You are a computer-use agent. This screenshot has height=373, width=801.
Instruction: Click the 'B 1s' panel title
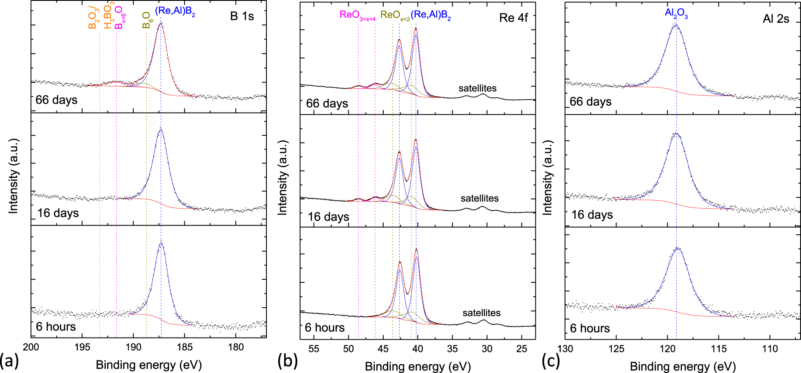click(x=242, y=16)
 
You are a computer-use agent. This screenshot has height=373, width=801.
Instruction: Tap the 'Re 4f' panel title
click(x=513, y=18)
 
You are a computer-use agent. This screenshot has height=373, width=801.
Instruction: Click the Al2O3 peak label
click(x=676, y=13)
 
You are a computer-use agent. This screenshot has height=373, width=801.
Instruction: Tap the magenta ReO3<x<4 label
click(x=357, y=16)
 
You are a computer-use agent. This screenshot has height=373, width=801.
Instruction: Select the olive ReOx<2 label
click(x=395, y=16)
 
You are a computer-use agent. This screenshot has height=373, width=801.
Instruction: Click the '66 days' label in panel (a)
click(x=56, y=100)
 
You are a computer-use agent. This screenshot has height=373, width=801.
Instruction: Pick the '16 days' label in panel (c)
click(x=592, y=215)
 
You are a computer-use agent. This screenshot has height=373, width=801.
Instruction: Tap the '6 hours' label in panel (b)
click(x=325, y=327)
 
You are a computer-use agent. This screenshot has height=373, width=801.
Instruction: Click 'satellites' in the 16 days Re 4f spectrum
click(x=479, y=198)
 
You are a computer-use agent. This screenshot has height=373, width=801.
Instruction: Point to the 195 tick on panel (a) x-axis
click(x=82, y=347)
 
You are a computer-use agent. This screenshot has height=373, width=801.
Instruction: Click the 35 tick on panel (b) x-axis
click(x=452, y=349)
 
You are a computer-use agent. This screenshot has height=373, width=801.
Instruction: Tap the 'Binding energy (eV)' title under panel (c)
click(x=683, y=366)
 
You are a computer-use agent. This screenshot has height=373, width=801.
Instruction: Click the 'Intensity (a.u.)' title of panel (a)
click(x=13, y=176)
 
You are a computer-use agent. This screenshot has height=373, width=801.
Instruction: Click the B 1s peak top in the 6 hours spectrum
click(x=161, y=244)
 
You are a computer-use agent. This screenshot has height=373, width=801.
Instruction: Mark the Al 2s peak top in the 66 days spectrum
click(x=676, y=25)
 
